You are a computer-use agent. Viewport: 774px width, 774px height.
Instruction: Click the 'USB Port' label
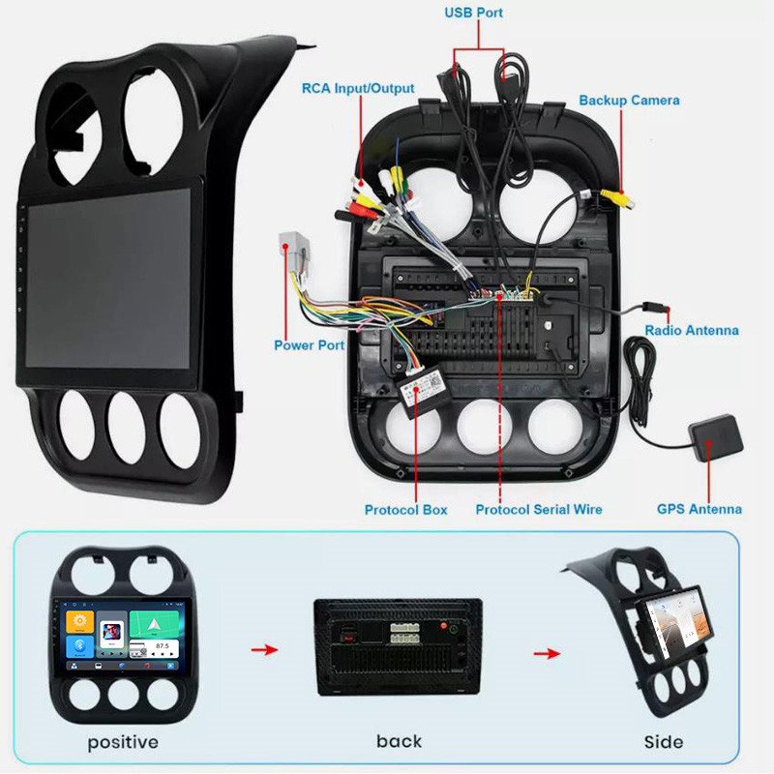pyautogui.click(x=474, y=13)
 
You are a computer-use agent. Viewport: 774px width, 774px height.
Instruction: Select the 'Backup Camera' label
pyautogui.click(x=629, y=100)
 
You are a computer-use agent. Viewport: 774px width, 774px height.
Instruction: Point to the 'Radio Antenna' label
pyautogui.click(x=692, y=330)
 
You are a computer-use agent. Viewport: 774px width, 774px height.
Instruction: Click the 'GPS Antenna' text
pyautogui.click(x=700, y=509)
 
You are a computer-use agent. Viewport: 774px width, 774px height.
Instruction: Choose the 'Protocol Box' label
pyautogui.click(x=405, y=509)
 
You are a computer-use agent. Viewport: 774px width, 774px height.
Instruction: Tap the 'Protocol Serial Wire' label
pyautogui.click(x=539, y=509)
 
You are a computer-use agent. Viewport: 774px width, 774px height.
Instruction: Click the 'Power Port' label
pyautogui.click(x=309, y=344)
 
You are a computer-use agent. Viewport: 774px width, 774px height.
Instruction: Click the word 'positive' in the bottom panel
pyautogui.click(x=123, y=742)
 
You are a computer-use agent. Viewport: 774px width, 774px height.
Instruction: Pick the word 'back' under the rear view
pyautogui.click(x=400, y=741)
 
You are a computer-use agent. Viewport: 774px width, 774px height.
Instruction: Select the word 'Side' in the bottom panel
pyautogui.click(x=663, y=742)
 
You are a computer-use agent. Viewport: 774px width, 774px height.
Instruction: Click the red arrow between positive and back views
pyautogui.click(x=259, y=649)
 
